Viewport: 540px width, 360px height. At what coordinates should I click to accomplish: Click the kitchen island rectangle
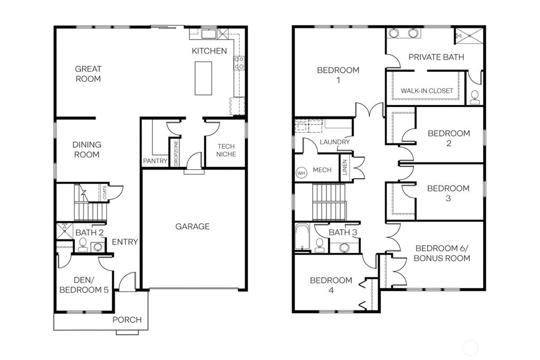[x=204, y=78]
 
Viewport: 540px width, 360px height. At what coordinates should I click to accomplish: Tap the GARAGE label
[x=192, y=227]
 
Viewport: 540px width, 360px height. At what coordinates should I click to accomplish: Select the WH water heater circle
[x=301, y=172]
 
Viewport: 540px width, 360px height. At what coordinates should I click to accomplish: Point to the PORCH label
[x=127, y=319]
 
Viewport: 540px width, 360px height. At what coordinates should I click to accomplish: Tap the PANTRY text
[x=155, y=161]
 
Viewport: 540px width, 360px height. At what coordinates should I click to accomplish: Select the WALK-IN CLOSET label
[x=427, y=91]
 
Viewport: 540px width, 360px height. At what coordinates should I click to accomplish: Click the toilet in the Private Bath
[x=475, y=97]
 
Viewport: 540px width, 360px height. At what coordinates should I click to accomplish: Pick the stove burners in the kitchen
[x=239, y=63]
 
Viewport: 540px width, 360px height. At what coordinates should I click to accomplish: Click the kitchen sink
[x=209, y=34]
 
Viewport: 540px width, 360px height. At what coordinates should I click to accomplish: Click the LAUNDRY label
[x=334, y=142]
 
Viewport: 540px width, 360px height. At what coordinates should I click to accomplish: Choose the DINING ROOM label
[x=87, y=149]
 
